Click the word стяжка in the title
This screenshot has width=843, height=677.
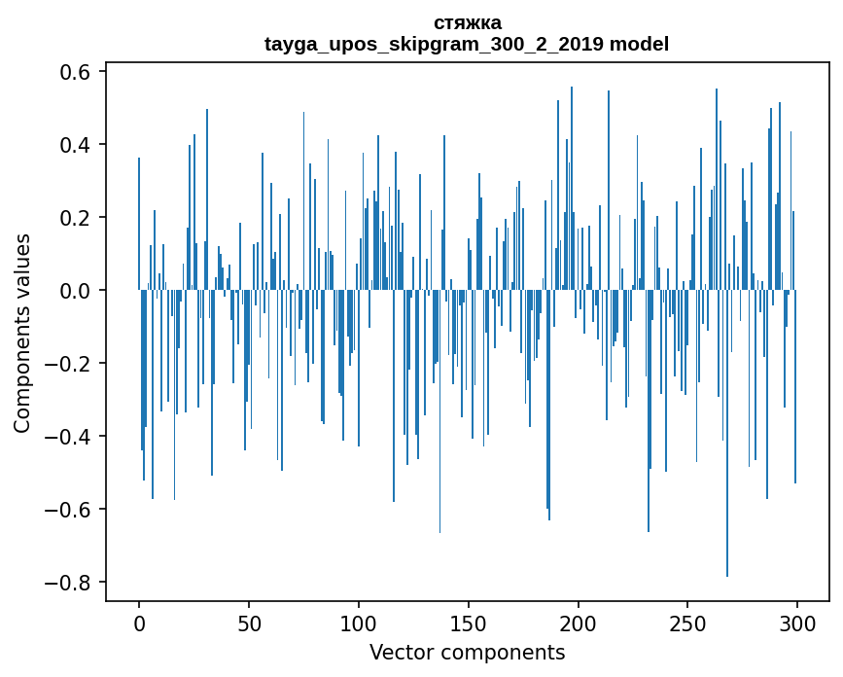click(x=467, y=22)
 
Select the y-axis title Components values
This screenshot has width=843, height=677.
click(x=22, y=333)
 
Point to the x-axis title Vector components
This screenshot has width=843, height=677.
click(x=467, y=652)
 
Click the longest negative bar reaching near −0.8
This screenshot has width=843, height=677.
click(x=727, y=438)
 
